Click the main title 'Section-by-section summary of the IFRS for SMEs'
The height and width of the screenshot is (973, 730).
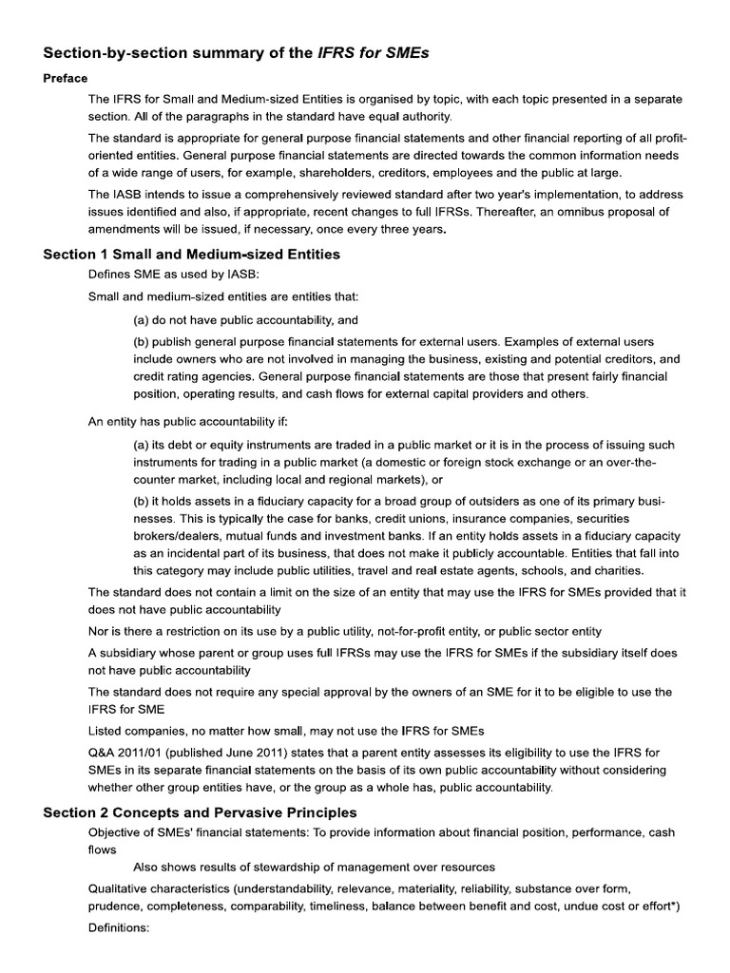click(x=237, y=53)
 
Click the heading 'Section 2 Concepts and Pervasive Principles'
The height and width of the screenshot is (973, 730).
click(x=201, y=812)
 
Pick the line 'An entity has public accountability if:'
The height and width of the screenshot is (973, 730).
click(x=186, y=421)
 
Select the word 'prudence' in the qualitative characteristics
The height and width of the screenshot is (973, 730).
click(x=115, y=906)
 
